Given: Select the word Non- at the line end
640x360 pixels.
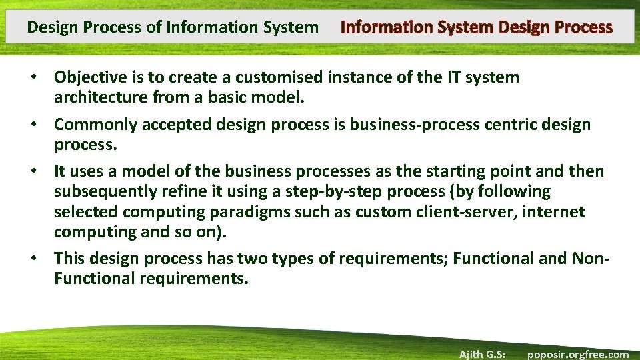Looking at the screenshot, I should tap(591, 258).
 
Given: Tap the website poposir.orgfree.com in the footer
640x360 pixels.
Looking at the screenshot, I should tap(577, 354).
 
